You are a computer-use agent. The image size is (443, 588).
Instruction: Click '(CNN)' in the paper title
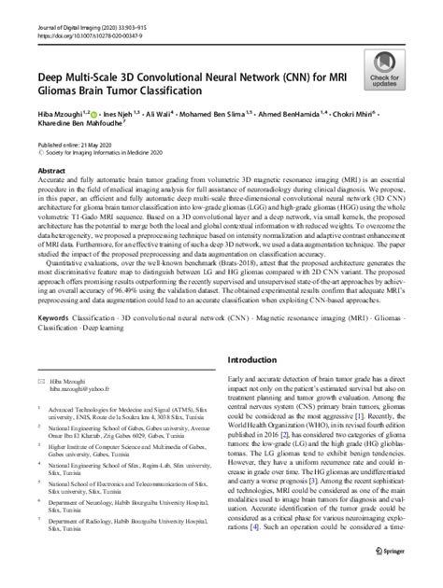click(282, 77)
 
